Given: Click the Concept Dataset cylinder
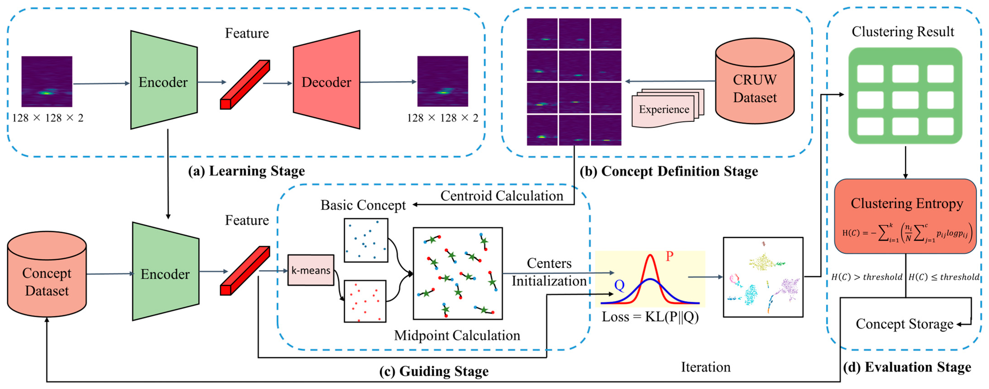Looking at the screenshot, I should tap(47, 274).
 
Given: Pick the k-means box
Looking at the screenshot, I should tap(311, 270).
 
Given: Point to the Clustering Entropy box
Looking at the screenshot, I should tap(905, 216).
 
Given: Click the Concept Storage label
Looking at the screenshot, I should tap(904, 324).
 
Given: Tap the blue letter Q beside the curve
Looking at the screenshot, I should tap(619, 285).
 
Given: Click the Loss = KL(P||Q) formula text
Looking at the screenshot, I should tap(650, 317).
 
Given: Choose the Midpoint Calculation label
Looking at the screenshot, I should tap(457, 335).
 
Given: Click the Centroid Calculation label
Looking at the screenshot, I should tap(501, 196).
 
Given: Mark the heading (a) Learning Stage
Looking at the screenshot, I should tap(247, 171).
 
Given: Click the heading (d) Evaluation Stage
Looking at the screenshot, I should tap(907, 367).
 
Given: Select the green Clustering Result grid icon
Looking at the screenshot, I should tap(905, 96).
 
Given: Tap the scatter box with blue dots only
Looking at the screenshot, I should tap(366, 240).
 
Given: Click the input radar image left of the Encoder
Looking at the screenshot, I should tap(47, 81).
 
